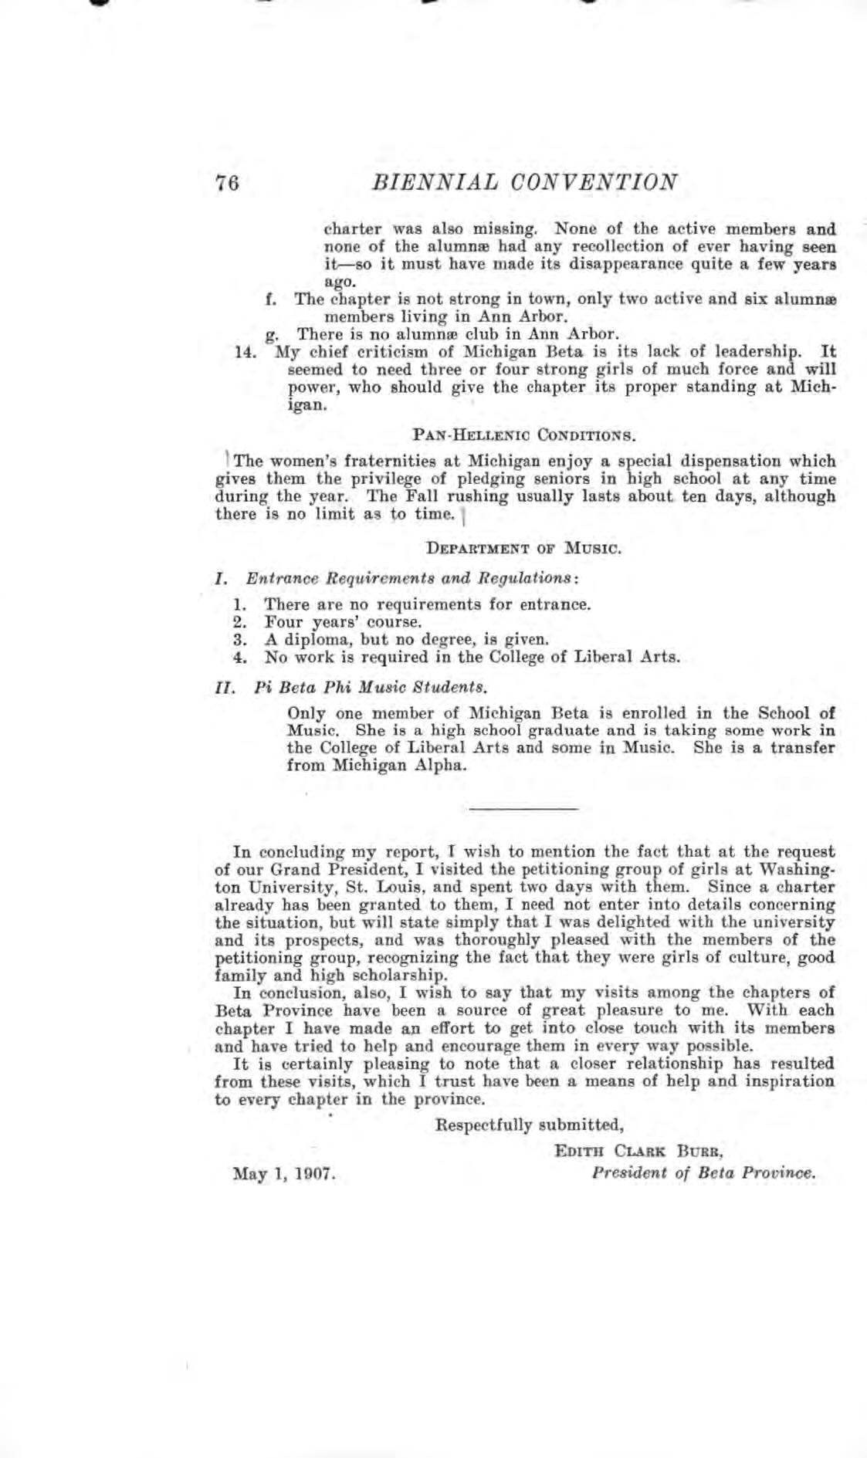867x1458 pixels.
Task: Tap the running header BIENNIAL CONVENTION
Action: [525, 182]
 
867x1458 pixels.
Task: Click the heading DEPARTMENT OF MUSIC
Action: [524, 549]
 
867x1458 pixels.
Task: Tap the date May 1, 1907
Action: [283, 1174]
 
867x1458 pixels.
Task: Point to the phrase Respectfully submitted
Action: [529, 1125]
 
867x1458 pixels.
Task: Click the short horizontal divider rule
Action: [524, 808]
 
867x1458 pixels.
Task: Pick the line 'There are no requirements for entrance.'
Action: [427, 604]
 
